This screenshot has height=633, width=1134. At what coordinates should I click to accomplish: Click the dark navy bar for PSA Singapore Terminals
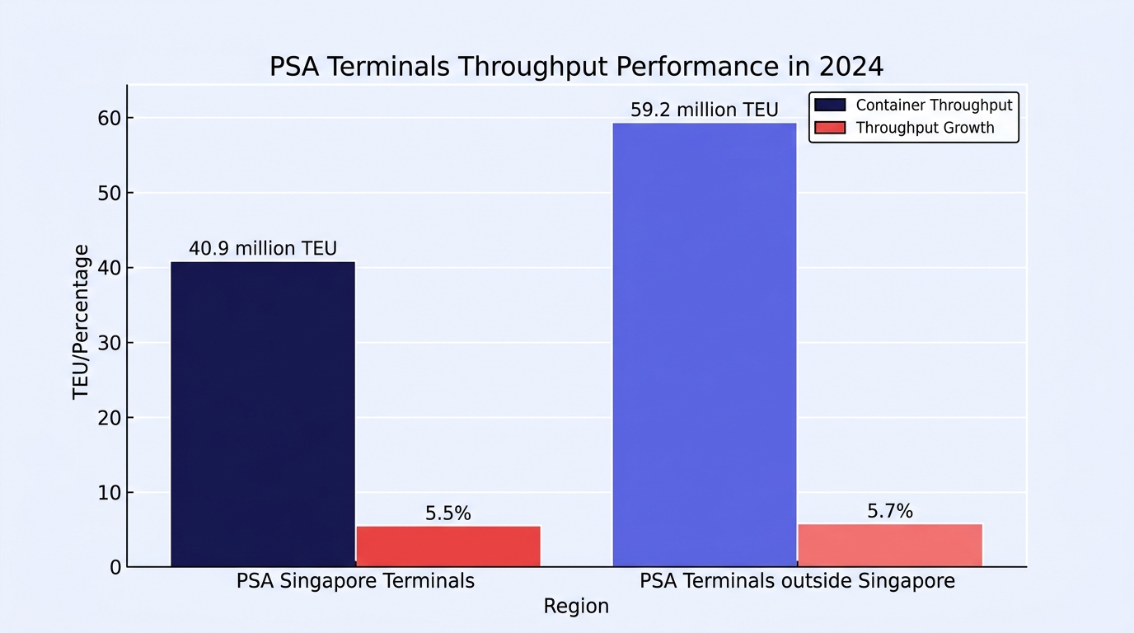click(x=263, y=414)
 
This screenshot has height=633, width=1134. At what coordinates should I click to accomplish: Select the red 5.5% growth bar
click(x=448, y=546)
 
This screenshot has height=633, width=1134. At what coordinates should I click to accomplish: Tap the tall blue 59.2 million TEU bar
click(x=705, y=345)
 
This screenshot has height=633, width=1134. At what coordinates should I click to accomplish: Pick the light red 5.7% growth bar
click(x=890, y=546)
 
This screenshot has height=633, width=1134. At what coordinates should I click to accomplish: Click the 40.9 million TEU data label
click(x=263, y=248)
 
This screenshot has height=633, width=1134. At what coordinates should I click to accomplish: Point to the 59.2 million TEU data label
click(x=704, y=110)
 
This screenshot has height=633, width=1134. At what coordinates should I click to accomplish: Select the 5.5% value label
click(x=448, y=513)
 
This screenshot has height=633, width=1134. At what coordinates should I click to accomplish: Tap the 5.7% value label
click(x=890, y=512)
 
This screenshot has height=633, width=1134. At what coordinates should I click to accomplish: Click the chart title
click(x=576, y=66)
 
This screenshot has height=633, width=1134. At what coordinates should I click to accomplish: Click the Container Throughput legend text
click(x=934, y=105)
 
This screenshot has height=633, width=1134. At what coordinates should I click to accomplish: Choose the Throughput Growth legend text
click(x=925, y=128)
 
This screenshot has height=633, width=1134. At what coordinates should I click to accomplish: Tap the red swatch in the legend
click(x=830, y=128)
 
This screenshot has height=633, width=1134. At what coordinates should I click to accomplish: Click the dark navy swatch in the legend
click(x=830, y=105)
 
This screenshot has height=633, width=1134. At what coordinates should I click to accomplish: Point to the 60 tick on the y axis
click(x=110, y=119)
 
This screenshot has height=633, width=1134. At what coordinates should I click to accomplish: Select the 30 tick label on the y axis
click(x=110, y=344)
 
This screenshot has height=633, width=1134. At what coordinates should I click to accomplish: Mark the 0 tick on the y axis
click(x=115, y=568)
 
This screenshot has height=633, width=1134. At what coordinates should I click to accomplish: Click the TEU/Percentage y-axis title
click(x=81, y=322)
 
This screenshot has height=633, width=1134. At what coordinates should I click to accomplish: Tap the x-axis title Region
click(x=576, y=606)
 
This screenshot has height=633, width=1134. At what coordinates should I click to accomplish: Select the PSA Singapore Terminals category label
click(x=355, y=581)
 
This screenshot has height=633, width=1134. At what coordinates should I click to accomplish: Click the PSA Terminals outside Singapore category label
click(x=798, y=581)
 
